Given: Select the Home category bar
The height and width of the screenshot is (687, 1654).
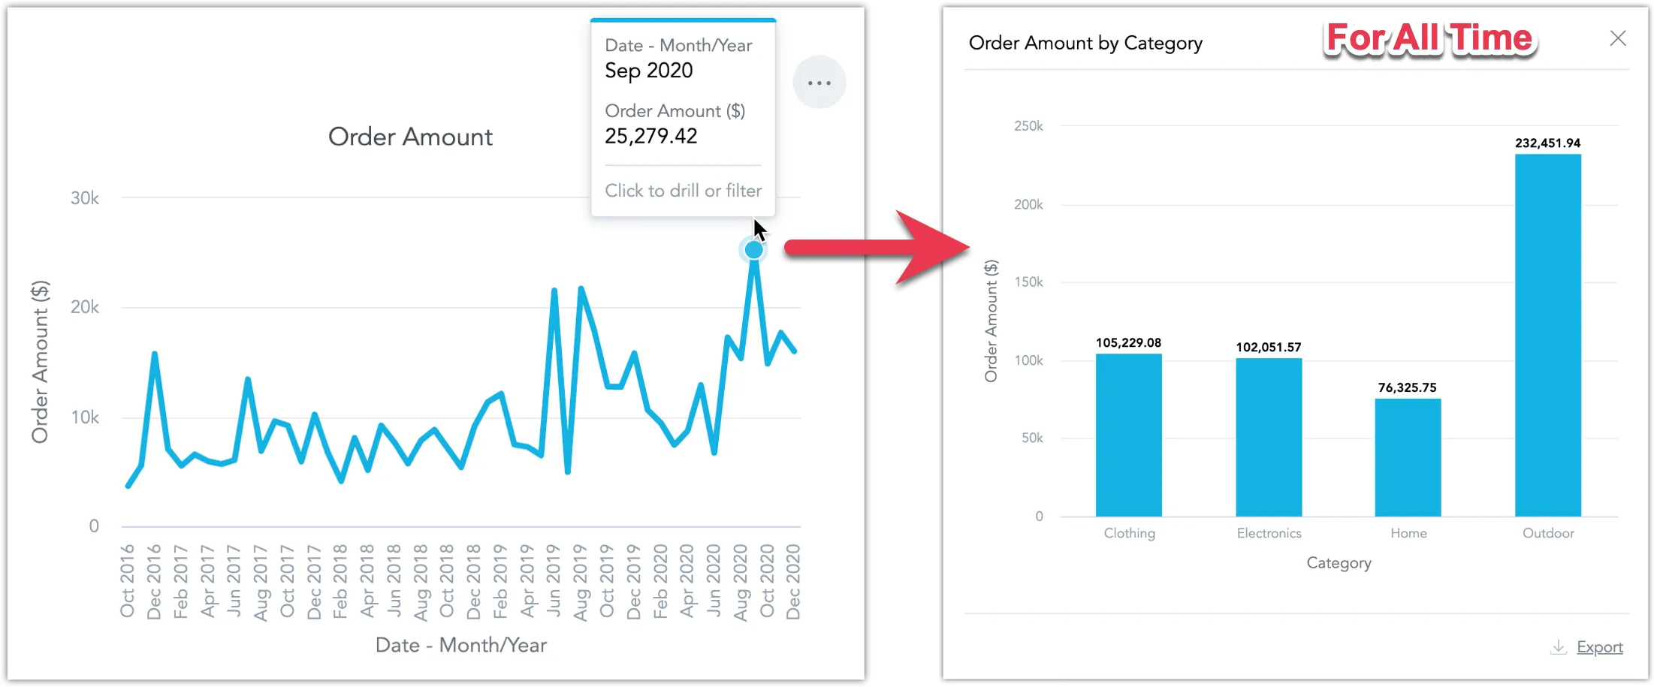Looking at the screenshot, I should click(1408, 458).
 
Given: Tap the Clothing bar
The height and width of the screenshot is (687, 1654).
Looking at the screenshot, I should click(1128, 435).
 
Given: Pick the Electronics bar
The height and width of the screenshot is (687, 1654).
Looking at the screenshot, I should click(1269, 438).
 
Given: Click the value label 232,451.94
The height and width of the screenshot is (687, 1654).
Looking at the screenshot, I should click(1547, 143).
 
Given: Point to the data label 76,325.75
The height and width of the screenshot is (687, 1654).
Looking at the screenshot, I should click(1407, 387).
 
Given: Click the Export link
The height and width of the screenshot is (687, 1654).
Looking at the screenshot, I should click(1599, 647).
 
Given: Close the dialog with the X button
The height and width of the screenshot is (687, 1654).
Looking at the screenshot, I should click(1618, 39).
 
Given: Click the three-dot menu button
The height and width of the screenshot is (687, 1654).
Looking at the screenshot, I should click(819, 82).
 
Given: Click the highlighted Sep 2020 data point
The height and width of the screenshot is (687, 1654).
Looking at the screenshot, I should click(753, 249).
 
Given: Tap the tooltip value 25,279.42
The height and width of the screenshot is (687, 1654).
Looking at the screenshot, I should click(650, 136).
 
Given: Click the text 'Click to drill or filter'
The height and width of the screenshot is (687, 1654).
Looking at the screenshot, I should click(683, 191).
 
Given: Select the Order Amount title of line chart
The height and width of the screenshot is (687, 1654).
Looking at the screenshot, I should click(410, 137).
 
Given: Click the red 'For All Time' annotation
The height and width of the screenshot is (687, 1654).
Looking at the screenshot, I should click(1429, 38).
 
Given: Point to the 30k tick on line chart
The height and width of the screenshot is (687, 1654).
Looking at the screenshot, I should click(84, 198).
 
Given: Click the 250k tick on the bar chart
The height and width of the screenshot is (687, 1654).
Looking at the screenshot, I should click(1028, 126).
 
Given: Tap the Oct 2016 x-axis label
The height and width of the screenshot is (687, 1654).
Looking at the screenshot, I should click(127, 581).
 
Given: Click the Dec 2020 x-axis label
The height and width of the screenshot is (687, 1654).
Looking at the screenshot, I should click(793, 581).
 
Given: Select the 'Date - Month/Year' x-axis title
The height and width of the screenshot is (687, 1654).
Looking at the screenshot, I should click(460, 645).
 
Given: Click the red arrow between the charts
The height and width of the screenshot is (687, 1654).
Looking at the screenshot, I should click(879, 248).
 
